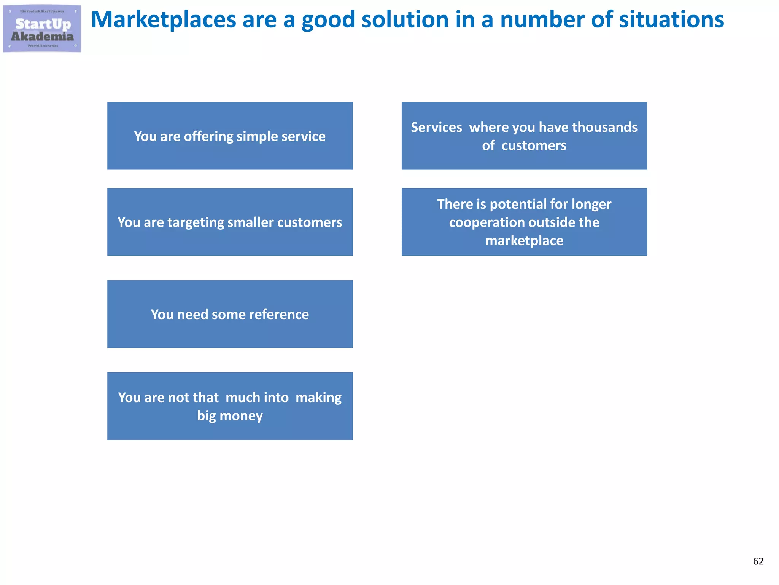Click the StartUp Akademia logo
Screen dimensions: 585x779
coord(42,29)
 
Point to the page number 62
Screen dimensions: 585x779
coord(758,561)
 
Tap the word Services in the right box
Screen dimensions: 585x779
coord(436,127)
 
